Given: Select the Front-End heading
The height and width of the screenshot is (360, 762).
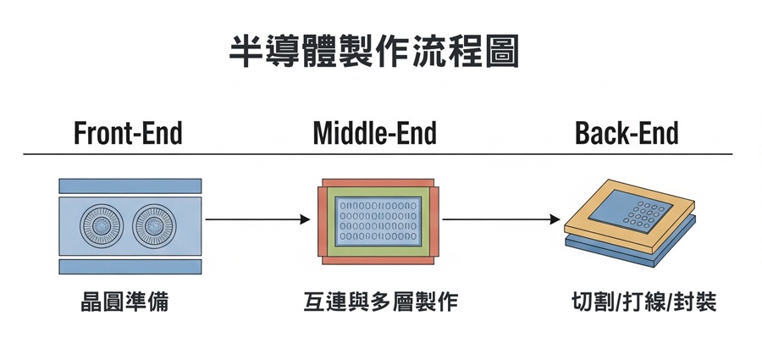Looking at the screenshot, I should (128, 134).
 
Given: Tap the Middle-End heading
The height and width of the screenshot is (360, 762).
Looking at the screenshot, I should (374, 134).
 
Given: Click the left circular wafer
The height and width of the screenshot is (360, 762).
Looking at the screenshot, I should (102, 226).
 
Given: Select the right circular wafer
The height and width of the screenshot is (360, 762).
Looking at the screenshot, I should (156, 226).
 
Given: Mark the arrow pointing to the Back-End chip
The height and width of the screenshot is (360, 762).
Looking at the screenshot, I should (501, 220).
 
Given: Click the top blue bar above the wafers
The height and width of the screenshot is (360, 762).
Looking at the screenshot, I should (130, 186).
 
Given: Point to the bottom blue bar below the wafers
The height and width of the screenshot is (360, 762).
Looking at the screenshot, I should (130, 267).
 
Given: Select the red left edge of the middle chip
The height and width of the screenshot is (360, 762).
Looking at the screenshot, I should (322, 222).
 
